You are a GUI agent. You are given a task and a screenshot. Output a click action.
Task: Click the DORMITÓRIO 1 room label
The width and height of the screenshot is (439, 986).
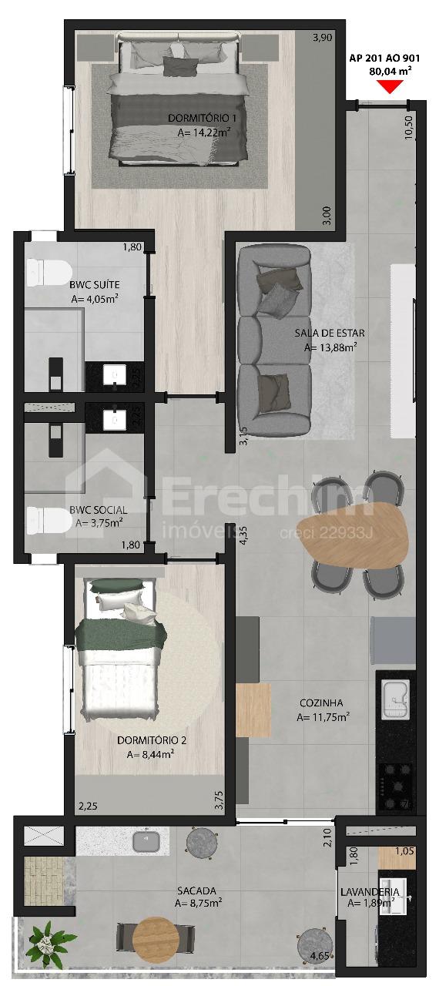pyautogui.click(x=203, y=119)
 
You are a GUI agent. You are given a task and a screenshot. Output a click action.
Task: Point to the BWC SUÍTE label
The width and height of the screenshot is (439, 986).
pyautogui.click(x=94, y=285)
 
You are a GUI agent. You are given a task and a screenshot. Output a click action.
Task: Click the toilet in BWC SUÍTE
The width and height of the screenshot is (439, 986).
pyautogui.click(x=49, y=272)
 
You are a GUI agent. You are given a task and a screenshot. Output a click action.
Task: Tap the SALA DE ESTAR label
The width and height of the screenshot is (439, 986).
pyautogui.click(x=330, y=334)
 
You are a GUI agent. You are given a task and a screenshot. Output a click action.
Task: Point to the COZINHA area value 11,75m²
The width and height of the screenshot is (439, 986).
pyautogui.click(x=323, y=717)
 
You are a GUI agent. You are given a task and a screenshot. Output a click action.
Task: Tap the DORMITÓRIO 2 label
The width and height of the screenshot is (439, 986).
pyautogui.click(x=152, y=740)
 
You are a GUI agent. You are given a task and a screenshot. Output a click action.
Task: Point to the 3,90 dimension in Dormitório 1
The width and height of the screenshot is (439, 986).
pyautogui.click(x=322, y=38)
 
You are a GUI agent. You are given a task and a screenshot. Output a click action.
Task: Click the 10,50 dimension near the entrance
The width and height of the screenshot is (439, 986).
pyautogui.click(x=409, y=127)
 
